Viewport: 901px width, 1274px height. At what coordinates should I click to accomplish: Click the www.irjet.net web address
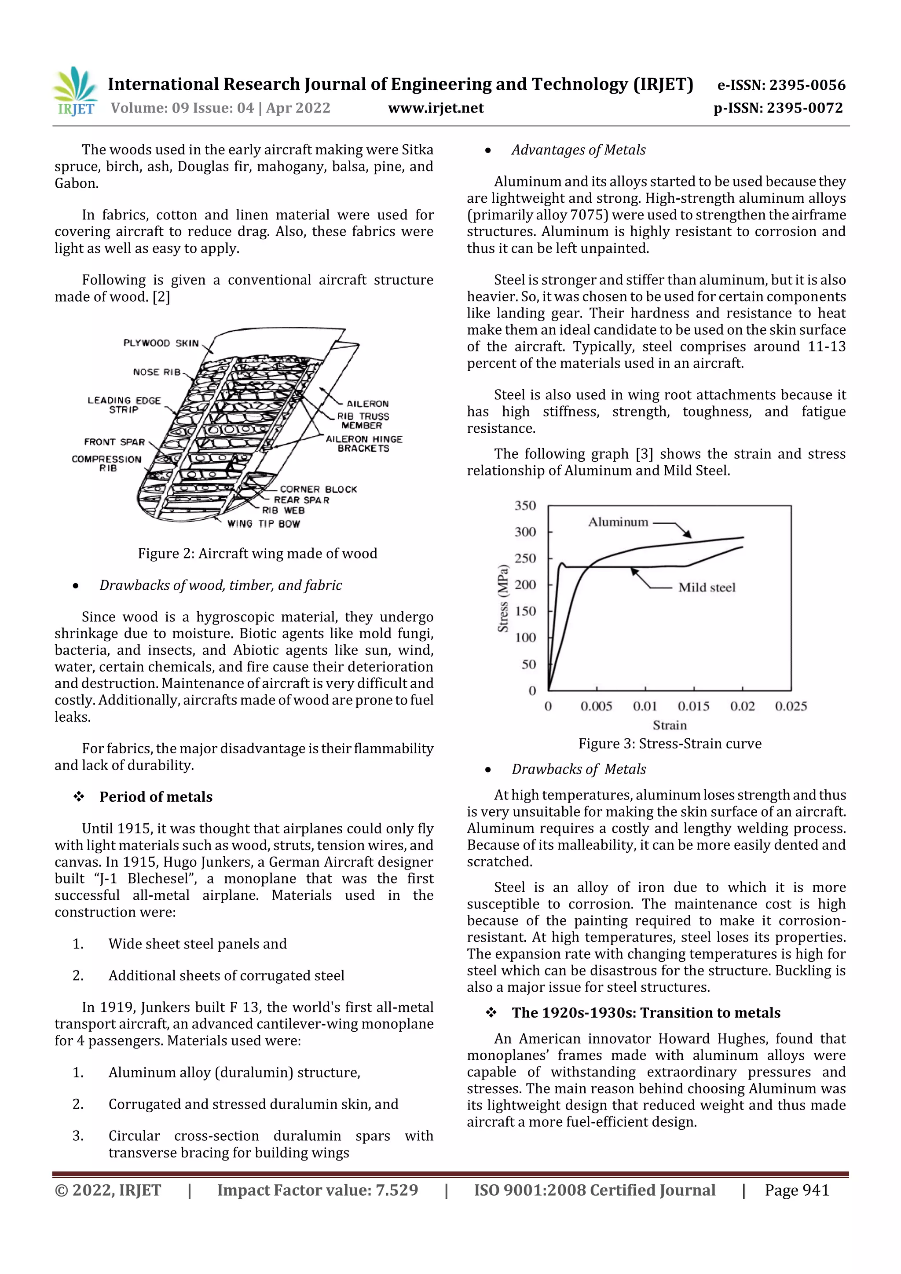(436, 108)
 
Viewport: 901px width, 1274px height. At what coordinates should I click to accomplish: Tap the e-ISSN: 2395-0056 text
(781, 85)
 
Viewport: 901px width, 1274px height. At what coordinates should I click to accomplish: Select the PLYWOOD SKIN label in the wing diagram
(161, 343)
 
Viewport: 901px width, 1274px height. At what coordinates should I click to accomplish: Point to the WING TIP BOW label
(264, 523)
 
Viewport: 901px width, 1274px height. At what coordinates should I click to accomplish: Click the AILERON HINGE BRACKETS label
(364, 443)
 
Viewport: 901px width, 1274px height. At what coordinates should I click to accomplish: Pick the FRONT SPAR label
(114, 442)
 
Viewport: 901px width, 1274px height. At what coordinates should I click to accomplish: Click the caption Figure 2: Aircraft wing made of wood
(258, 553)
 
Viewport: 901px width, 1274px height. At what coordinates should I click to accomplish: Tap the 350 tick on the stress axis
(525, 505)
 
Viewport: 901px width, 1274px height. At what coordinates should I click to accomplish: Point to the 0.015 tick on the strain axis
(693, 706)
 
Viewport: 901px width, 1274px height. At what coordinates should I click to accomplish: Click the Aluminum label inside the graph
(618, 522)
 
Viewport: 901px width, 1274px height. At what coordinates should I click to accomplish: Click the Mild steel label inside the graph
(707, 587)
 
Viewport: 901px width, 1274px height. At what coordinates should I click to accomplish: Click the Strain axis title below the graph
(670, 725)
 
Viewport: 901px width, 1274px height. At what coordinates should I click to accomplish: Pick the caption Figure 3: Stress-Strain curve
(670, 744)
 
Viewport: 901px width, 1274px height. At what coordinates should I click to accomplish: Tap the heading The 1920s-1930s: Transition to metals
(646, 1013)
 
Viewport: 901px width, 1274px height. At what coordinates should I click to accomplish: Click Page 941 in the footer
(797, 1190)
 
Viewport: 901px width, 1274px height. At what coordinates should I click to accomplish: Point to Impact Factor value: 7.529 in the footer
(318, 1190)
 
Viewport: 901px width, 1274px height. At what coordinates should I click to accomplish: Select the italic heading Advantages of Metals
(579, 150)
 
